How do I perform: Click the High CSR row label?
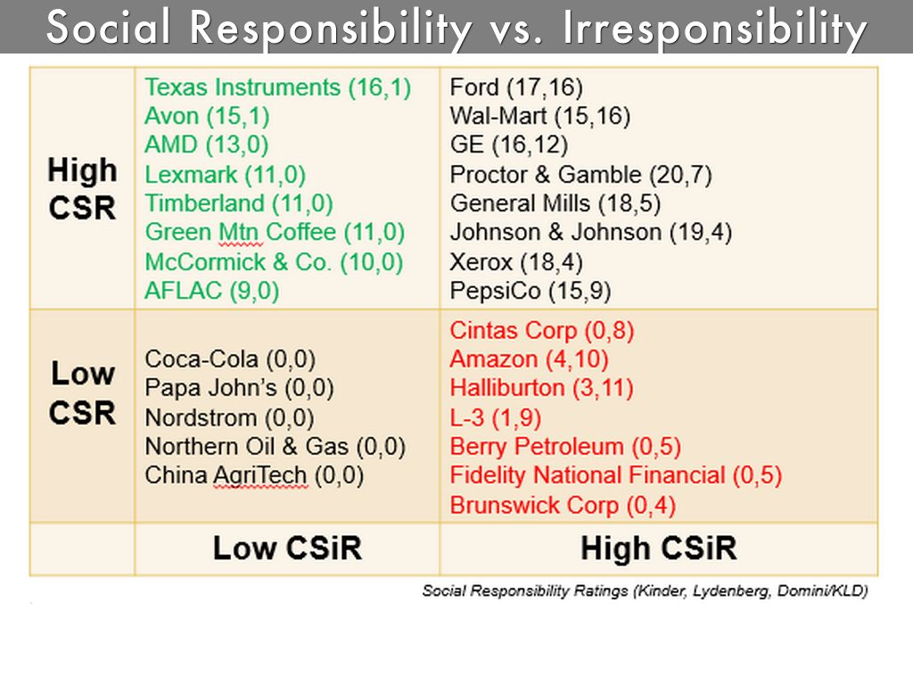pyautogui.click(x=82, y=188)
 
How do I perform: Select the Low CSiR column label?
pyautogui.click(x=287, y=548)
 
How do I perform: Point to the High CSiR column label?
pyautogui.click(x=658, y=548)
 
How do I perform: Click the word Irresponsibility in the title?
pyautogui.click(x=715, y=29)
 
